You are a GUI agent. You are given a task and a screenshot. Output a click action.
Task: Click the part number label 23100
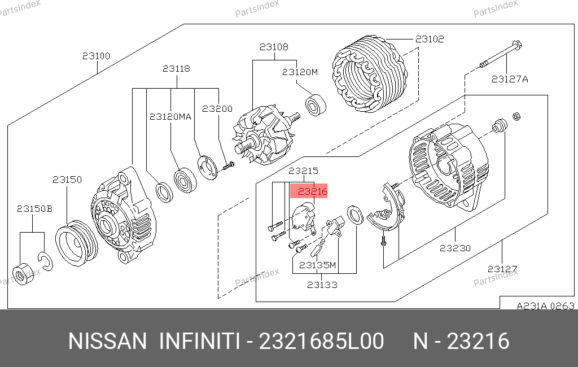point(96,56)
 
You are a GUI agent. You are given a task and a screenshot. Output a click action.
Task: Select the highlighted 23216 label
point(313,191)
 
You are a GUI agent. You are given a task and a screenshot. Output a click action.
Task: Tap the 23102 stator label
point(430,39)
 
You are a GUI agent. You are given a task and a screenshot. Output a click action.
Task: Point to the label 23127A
point(510,79)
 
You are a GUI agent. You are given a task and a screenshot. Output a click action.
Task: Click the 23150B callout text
point(34,209)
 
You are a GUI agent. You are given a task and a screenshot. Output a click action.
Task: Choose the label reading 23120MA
point(170,117)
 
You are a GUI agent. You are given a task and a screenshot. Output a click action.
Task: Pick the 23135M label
point(317,265)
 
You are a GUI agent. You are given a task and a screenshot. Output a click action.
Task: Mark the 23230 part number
point(456,248)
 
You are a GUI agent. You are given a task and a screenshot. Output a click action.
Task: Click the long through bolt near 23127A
point(501,55)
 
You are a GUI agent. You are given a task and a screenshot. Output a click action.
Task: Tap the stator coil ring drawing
point(370,73)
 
